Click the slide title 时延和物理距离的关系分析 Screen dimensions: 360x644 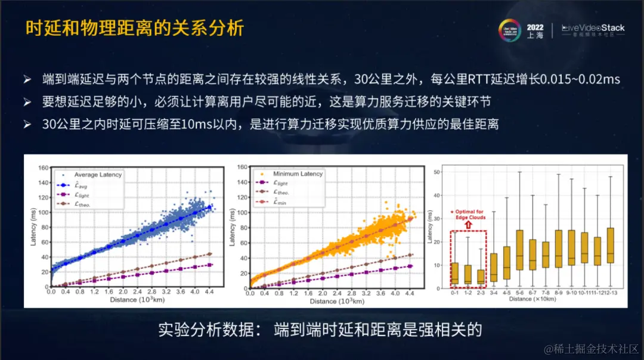click(x=134, y=28)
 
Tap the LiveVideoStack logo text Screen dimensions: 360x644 click(x=594, y=28)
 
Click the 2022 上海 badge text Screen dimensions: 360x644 click(x=535, y=32)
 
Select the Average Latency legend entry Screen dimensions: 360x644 click(x=98, y=175)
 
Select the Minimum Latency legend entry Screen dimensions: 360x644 click(x=298, y=173)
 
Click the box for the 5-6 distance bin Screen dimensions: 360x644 click(x=519, y=250)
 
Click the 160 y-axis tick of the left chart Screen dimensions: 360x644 click(x=42, y=167)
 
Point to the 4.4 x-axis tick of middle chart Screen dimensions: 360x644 click(x=410, y=294)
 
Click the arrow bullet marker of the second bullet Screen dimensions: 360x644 click(x=27, y=103)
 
